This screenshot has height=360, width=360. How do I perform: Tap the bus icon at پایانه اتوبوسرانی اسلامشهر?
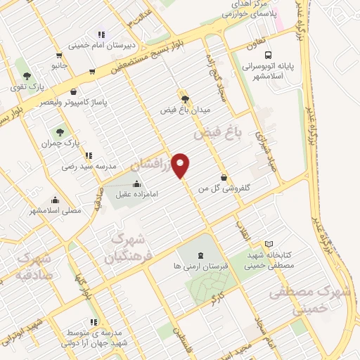(267, 56)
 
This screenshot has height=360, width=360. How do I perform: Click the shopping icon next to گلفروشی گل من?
(224, 177)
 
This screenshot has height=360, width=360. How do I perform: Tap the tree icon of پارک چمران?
(60, 131)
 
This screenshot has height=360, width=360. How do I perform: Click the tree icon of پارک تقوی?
(27, 76)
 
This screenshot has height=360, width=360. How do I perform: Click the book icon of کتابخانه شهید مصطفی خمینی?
(269, 243)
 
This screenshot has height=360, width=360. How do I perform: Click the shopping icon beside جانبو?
(92, 71)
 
